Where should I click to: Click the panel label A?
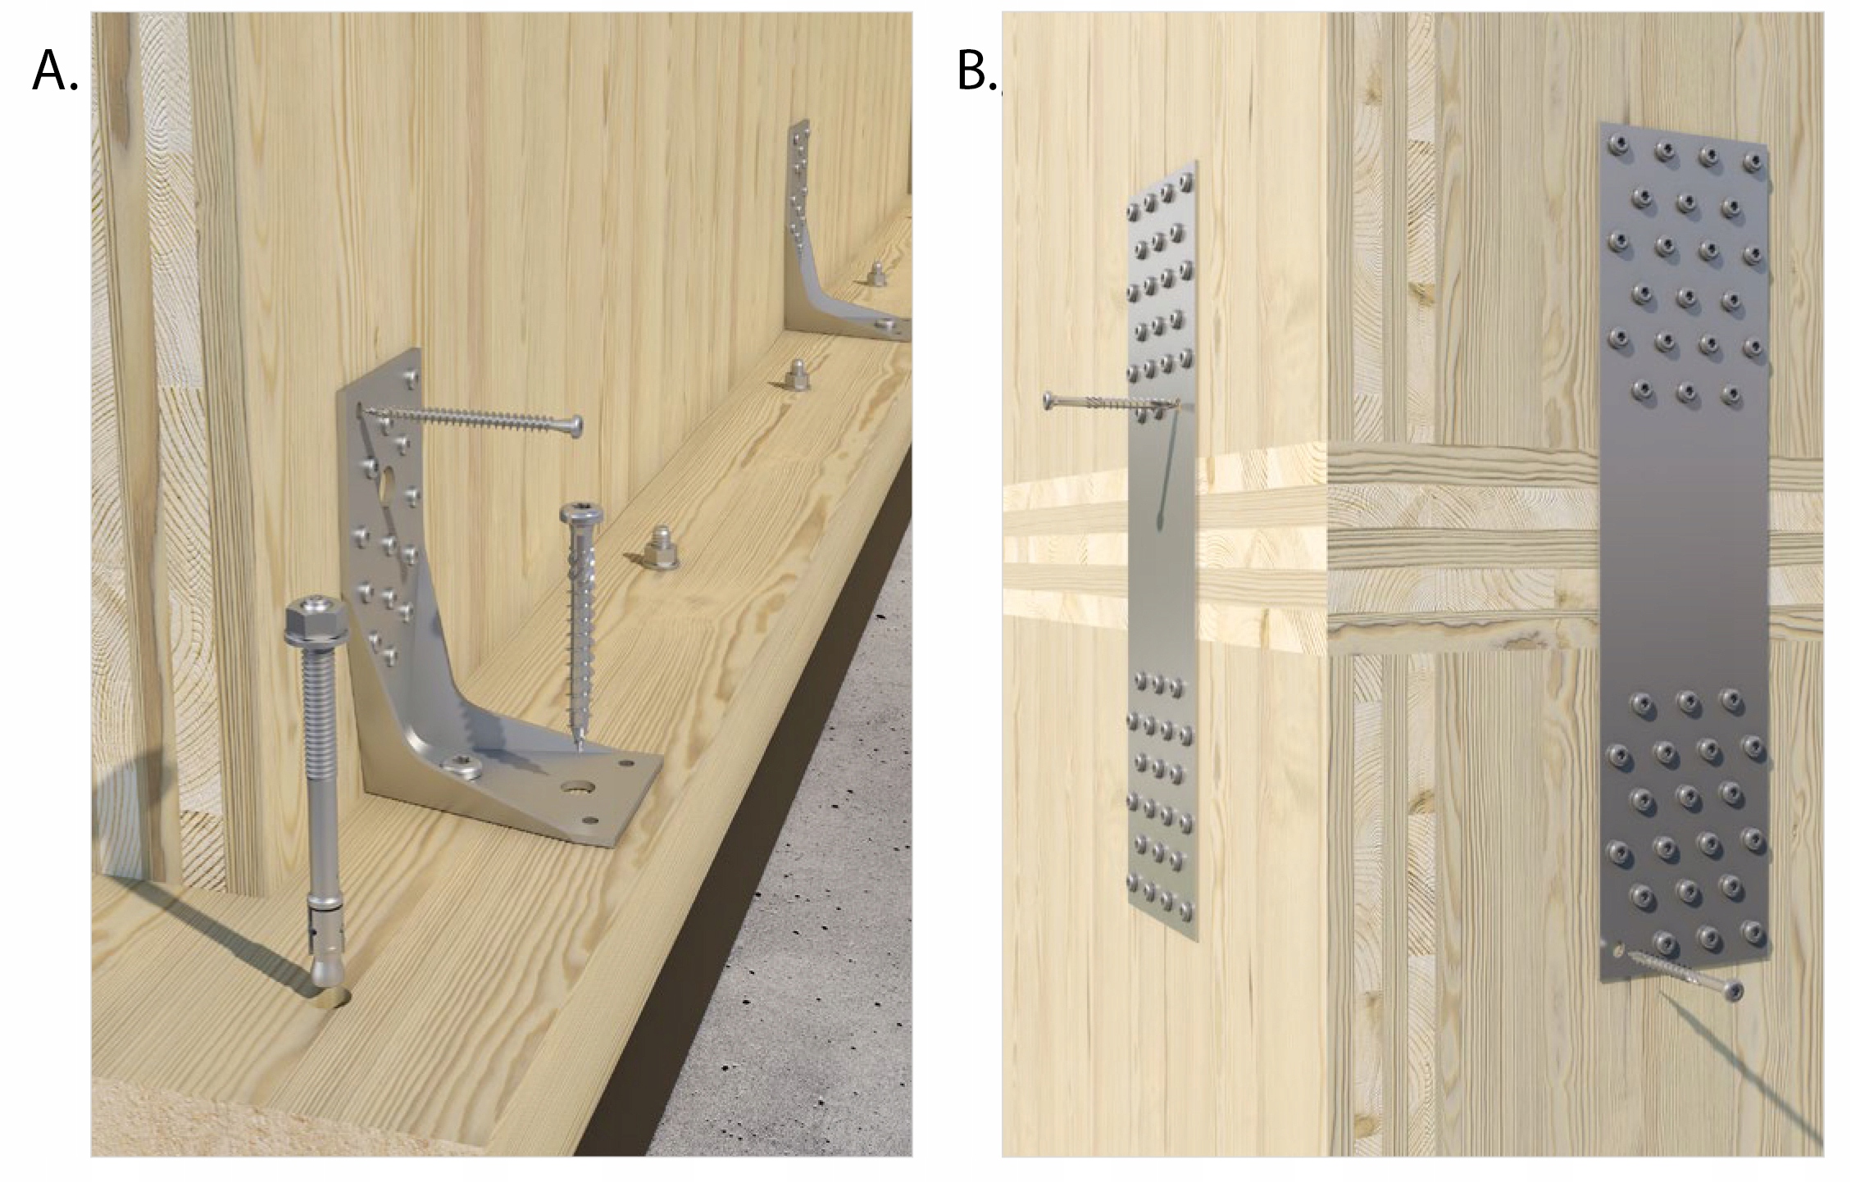tap(55, 71)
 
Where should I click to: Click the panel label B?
tap(977, 71)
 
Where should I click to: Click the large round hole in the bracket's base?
tap(578, 789)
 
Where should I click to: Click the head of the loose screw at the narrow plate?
tap(1049, 401)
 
